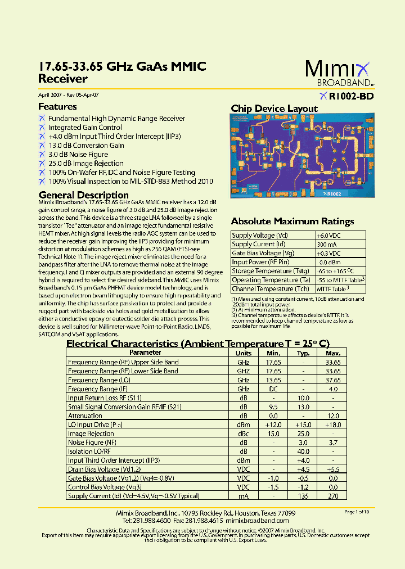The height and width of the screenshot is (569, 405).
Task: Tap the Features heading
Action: tap(57, 107)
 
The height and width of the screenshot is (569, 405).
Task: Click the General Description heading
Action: tap(83, 195)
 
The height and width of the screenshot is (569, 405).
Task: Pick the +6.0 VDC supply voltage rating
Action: tap(328, 236)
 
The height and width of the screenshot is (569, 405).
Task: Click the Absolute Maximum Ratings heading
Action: tap(292, 222)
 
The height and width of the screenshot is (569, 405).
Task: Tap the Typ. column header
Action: tap(303, 353)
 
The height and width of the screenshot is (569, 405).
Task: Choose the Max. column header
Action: tap(333, 353)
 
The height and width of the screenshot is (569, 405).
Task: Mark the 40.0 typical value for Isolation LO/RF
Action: tap(303, 451)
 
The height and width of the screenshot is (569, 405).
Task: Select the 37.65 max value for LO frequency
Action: tap(333, 380)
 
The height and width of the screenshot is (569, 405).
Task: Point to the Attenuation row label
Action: tap(85, 416)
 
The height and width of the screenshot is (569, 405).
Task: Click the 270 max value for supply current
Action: tap(333, 496)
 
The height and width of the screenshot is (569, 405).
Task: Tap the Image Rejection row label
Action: tap(91, 433)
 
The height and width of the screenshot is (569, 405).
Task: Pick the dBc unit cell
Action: tap(243, 433)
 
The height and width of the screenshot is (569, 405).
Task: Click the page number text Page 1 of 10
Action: tap(357, 512)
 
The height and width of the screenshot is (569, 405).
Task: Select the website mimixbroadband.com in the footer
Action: tap(263, 521)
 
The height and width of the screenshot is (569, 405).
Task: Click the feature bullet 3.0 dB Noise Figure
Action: tap(78, 154)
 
